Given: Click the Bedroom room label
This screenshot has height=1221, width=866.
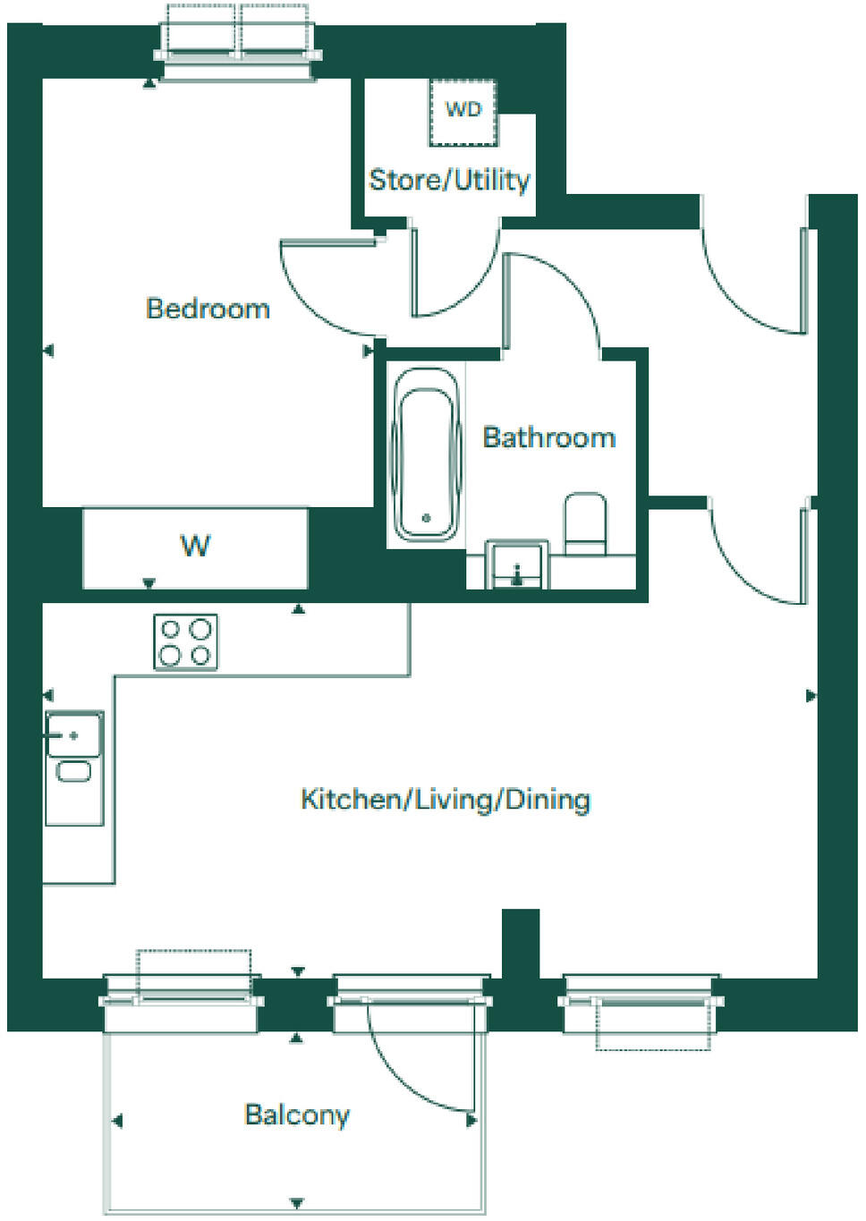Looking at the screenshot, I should pos(208,309).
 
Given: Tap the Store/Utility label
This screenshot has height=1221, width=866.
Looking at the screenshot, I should pos(449,180).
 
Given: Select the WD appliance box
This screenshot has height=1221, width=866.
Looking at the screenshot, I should pos(463,112).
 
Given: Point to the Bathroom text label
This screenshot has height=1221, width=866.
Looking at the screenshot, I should pos(548,437).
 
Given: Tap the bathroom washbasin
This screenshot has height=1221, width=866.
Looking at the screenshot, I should pos(516,566).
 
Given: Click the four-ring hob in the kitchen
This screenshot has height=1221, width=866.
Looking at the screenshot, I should pos(185,642).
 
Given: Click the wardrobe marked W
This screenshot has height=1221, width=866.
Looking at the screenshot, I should pos(195,547).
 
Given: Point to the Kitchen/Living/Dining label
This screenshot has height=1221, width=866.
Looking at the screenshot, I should pos(445,799).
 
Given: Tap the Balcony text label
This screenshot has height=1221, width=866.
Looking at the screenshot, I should pos(296,1115).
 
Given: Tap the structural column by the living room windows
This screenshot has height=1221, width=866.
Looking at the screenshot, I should pos(520,944).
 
